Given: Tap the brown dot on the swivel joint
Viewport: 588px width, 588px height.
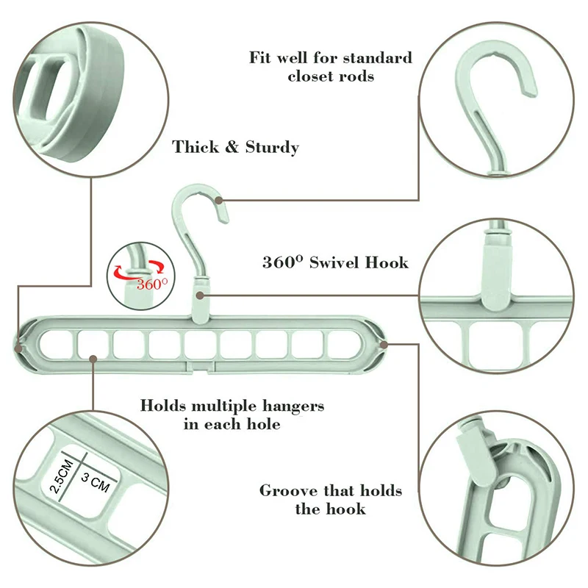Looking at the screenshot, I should tap(201, 295).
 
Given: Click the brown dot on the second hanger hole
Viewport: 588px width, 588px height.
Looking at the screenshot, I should tap(93, 358).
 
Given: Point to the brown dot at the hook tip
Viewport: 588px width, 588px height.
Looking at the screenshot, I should tap(221, 199).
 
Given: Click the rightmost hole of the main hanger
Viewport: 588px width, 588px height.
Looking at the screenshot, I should tap(341, 343).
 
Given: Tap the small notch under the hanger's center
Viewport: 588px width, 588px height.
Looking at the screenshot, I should tap(202, 365).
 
